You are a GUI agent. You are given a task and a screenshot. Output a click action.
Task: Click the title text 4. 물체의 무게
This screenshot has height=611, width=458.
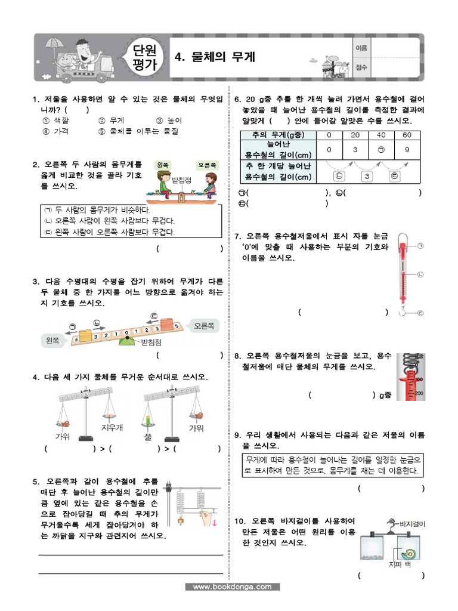214,57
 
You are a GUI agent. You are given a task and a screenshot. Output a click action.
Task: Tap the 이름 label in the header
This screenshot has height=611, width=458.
360,47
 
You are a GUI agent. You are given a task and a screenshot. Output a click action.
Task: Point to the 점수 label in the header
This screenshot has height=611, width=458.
360,67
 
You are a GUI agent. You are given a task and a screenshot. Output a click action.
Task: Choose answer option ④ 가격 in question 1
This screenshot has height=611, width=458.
55,131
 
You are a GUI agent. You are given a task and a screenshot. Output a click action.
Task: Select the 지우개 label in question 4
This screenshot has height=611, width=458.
112,427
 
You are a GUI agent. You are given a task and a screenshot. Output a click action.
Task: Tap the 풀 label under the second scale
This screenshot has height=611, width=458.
148,437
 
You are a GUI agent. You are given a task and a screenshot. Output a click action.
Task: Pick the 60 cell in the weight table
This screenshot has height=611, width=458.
407,135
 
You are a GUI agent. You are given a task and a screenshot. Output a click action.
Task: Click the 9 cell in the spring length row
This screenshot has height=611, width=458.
407,150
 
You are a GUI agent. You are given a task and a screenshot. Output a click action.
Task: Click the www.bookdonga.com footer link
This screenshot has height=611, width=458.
232,587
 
